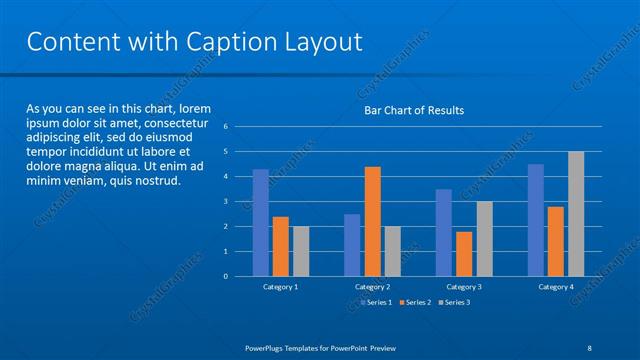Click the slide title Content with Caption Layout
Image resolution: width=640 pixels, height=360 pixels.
(194, 42)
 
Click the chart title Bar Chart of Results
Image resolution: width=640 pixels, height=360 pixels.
(413, 110)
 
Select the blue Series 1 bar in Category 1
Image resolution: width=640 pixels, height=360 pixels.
(260, 222)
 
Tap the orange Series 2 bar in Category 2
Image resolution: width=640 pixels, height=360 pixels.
(372, 221)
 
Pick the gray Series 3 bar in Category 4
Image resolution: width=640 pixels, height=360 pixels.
(576, 214)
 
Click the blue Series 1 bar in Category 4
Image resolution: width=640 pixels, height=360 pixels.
(536, 220)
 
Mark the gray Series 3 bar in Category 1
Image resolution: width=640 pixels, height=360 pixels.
(301, 251)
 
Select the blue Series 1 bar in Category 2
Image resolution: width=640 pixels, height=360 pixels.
(352, 245)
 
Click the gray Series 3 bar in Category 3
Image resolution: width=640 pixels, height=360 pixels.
(484, 239)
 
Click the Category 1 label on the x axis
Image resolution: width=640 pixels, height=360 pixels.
(280, 287)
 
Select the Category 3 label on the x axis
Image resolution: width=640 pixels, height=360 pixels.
(464, 287)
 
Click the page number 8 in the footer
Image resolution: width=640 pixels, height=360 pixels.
(589, 347)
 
